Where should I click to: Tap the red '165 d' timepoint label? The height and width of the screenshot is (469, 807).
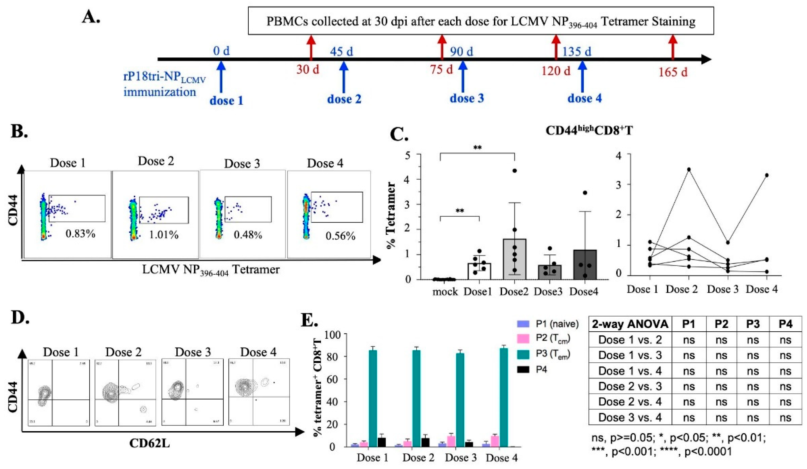673,72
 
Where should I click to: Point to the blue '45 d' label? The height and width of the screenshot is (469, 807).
341,51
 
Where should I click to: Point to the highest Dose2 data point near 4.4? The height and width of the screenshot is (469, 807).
515,171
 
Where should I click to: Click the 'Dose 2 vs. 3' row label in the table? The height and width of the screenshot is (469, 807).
630,386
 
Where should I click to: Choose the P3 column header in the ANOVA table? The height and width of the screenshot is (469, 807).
753,324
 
